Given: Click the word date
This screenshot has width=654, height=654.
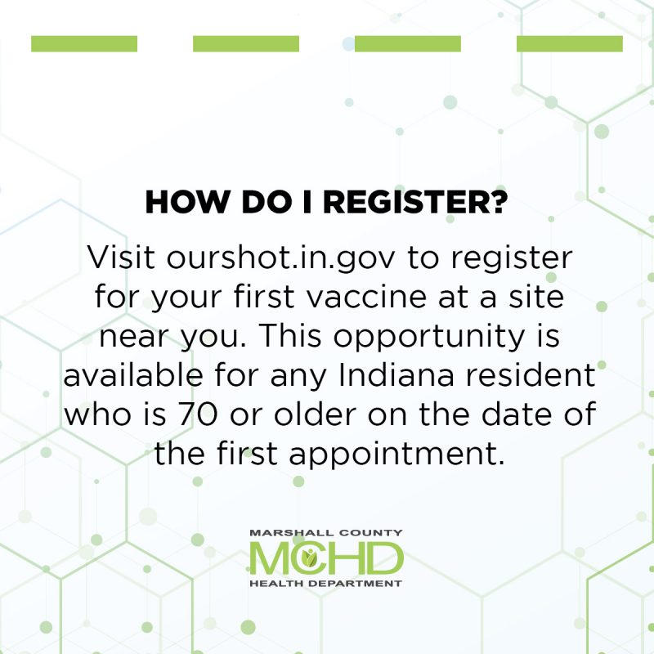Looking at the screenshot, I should click(516, 414).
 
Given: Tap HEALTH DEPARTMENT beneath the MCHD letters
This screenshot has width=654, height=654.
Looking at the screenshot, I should click(326, 583).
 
